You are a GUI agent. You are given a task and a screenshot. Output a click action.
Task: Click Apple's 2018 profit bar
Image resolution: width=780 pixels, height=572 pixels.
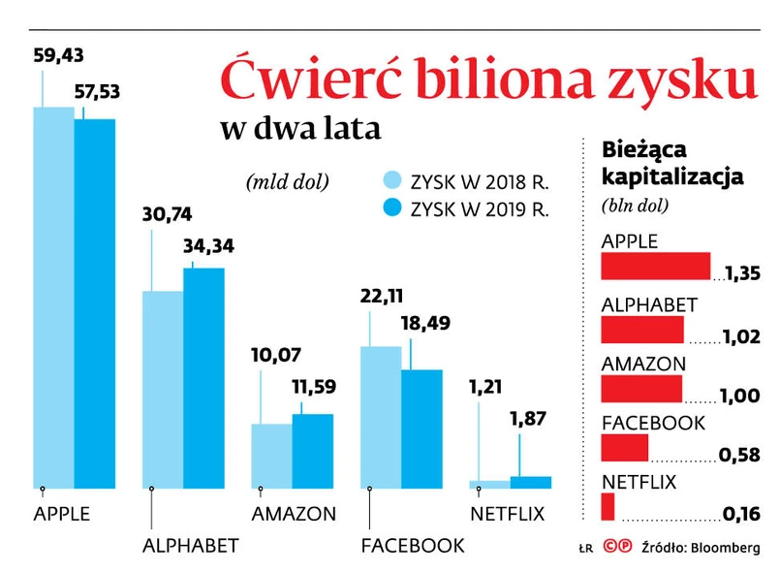(x=53, y=296)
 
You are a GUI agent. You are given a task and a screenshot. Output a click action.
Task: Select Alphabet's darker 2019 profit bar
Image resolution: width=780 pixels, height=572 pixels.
(x=203, y=377)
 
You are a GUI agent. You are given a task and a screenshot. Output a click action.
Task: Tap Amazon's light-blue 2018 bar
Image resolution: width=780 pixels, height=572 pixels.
(x=271, y=455)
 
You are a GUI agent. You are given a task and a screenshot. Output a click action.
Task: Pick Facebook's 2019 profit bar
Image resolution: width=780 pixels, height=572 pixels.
(x=421, y=428)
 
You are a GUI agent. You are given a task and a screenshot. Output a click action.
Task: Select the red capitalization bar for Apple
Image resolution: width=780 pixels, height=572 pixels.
(x=656, y=267)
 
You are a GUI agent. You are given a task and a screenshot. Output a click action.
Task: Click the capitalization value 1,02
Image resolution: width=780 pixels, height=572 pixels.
(x=739, y=337)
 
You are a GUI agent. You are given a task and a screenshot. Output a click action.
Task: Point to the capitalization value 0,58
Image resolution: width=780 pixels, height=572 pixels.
(x=739, y=456)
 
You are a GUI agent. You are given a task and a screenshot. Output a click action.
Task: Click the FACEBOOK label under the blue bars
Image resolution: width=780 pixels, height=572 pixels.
(x=412, y=546)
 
